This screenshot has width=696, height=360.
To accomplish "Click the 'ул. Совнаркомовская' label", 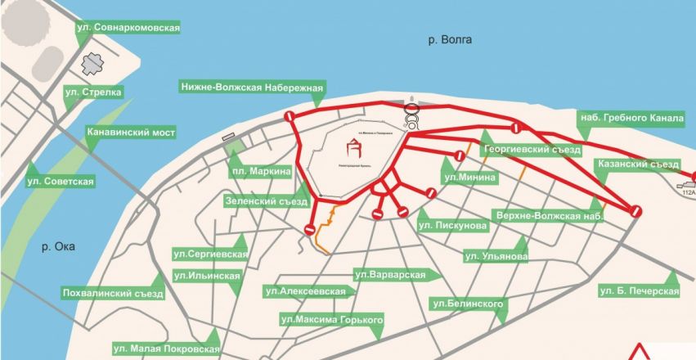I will pos(127,28).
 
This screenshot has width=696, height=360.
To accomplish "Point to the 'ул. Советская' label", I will pos(61,180).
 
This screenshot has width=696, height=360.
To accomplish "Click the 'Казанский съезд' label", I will pos(638,164).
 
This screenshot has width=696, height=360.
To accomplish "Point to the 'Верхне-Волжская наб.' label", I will pos(549,216).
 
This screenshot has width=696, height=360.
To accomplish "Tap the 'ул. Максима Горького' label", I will pos(332,318).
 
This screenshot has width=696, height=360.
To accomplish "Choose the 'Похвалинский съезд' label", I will pos(113,293).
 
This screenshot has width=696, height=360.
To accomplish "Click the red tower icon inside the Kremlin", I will pos(355,148).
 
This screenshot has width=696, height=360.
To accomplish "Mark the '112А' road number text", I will pos(687,193).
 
